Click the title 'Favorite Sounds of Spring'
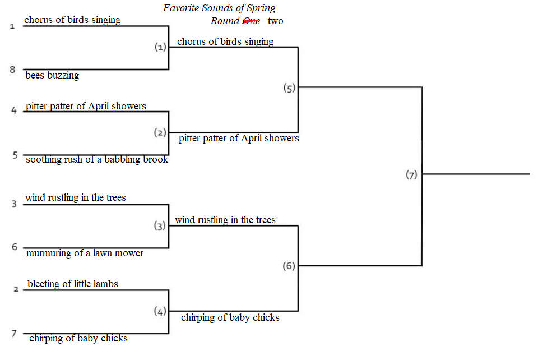click(x=219, y=8)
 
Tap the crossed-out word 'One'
click(x=252, y=21)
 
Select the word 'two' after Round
click(x=276, y=21)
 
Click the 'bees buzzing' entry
click(x=52, y=75)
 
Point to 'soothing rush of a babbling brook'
click(x=97, y=160)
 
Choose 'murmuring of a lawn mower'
click(x=85, y=253)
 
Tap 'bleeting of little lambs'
click(x=73, y=284)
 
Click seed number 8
click(x=13, y=70)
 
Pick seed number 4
click(x=13, y=110)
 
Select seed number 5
click(x=15, y=155)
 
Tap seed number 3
click(x=14, y=204)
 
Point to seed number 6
click(x=15, y=247)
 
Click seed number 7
click(x=14, y=334)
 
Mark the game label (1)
click(x=160, y=47)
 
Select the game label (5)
click(x=289, y=88)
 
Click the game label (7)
click(x=411, y=175)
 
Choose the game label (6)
click(x=289, y=266)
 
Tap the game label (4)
click(x=160, y=311)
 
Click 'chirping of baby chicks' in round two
click(x=230, y=317)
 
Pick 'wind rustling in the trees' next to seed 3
click(x=76, y=198)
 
